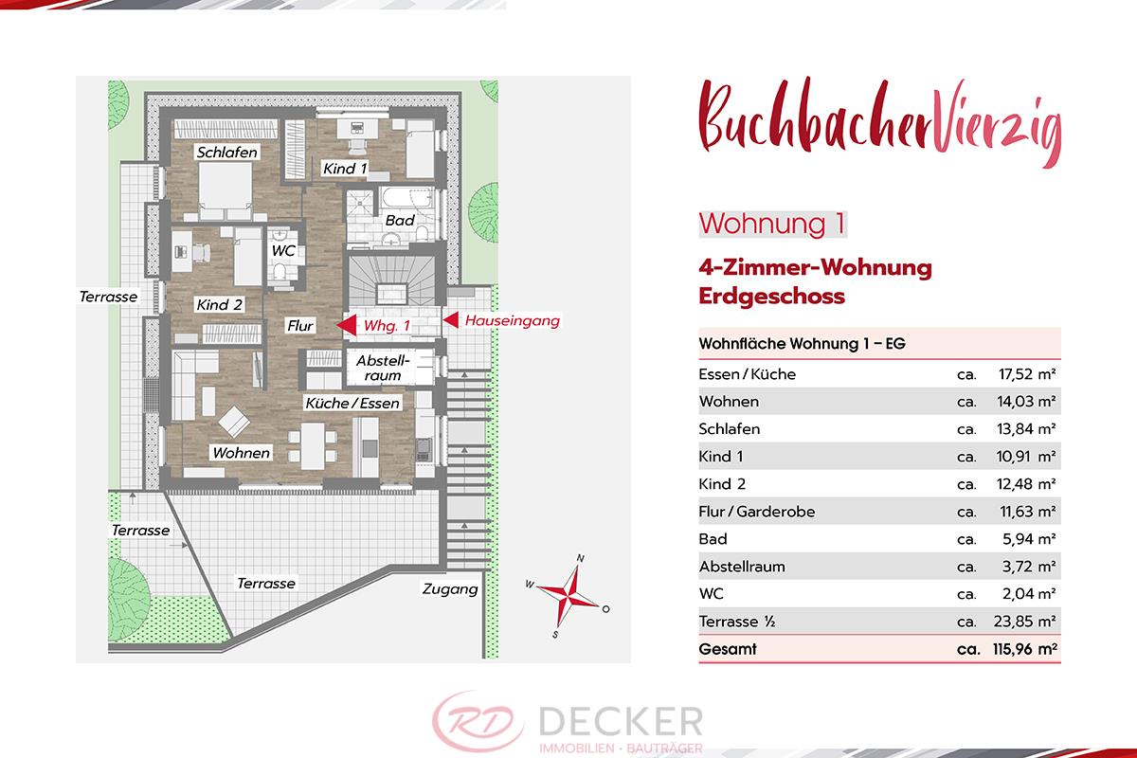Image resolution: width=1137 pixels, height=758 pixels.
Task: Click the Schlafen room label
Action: click(226, 153)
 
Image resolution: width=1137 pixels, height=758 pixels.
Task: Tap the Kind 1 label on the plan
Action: click(345, 169)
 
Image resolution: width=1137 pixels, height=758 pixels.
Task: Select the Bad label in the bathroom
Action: click(400, 221)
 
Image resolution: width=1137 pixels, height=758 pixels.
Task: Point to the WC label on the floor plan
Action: click(283, 251)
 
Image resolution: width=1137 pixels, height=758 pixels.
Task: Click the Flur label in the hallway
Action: click(300, 326)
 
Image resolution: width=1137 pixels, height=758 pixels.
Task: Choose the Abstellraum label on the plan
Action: click(382, 368)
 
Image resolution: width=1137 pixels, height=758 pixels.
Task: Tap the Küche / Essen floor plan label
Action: click(352, 403)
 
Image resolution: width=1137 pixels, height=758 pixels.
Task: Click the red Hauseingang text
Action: click(513, 321)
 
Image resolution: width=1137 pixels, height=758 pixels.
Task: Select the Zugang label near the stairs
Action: click(450, 589)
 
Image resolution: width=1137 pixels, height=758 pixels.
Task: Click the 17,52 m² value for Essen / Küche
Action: click(1027, 374)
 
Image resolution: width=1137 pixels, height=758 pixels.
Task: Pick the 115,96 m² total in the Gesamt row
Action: click(1025, 649)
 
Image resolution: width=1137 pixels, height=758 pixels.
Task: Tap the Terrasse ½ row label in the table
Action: click(736, 622)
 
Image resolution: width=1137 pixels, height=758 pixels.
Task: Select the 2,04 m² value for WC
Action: click(1029, 594)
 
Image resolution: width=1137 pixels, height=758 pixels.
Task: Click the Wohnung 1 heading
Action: click(772, 224)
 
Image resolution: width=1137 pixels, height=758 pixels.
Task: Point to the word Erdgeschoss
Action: click(771, 296)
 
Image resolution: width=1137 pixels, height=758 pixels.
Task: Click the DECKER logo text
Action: click(621, 721)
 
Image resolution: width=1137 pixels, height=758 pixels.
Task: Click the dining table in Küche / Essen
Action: click(313, 445)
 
